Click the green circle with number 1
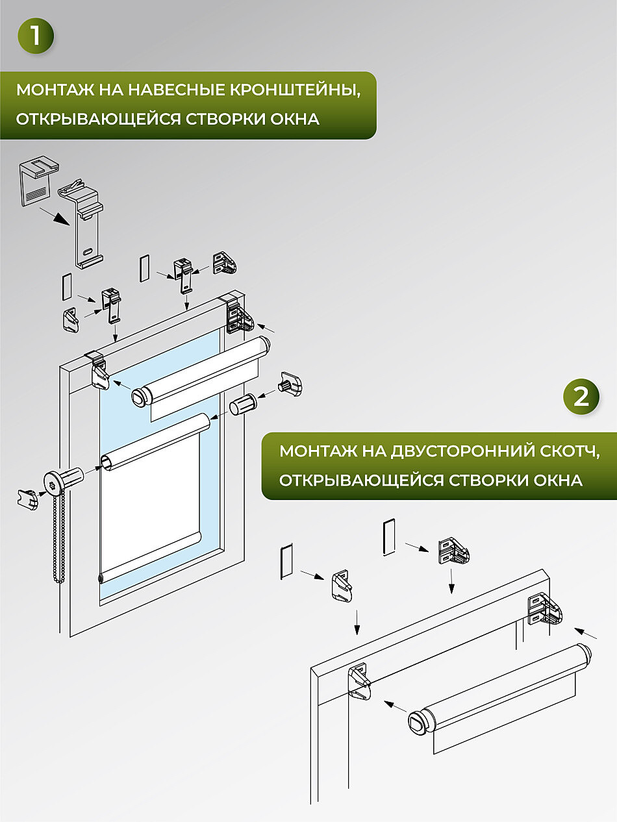pos(36,36)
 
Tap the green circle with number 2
pos(581,396)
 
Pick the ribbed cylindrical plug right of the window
pos(243,404)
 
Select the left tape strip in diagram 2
pos(286,562)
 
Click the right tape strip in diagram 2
pos(389,537)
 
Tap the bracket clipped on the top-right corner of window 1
pos(239,313)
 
